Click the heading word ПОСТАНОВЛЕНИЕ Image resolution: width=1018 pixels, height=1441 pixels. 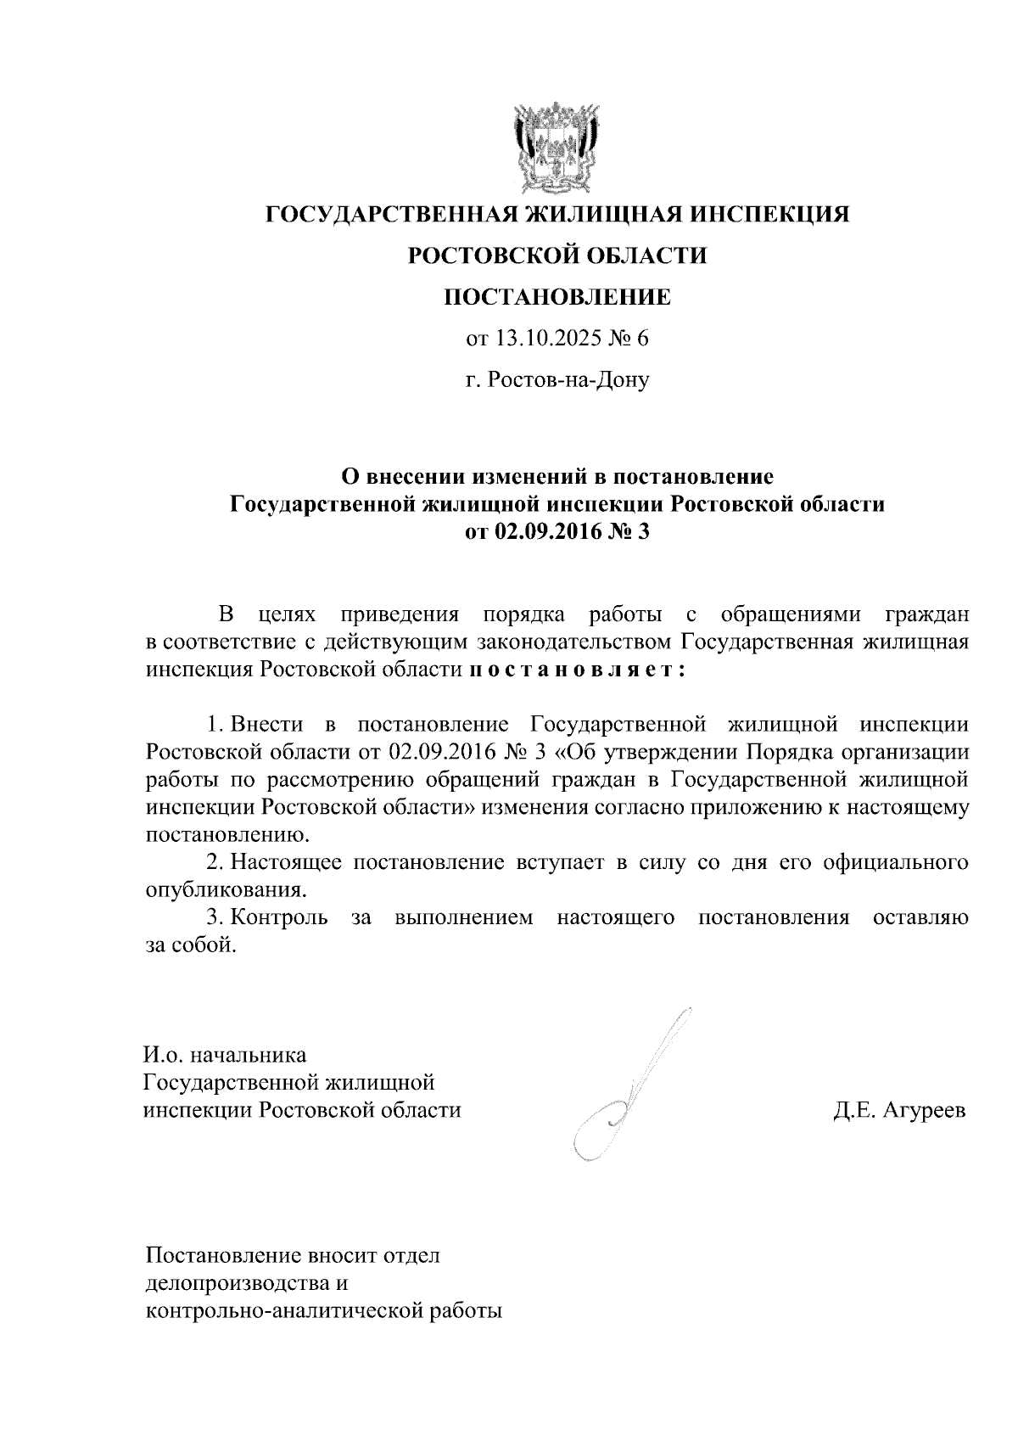[557, 297]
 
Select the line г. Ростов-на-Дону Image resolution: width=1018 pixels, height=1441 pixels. [557, 380]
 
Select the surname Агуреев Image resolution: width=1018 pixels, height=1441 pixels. [924, 1110]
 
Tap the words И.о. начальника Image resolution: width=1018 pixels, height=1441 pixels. [224, 1056]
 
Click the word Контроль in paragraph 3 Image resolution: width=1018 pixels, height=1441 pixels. [280, 917]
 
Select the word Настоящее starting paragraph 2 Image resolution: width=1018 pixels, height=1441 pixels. [287, 862]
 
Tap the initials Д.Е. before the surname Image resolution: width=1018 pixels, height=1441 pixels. [854, 1110]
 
